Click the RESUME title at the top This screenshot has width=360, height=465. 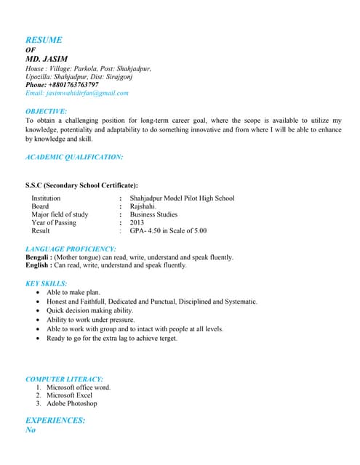point(44,40)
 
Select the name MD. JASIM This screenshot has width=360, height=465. point(47,59)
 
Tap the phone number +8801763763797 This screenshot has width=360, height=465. point(62,84)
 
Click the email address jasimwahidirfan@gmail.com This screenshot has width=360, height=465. point(76,93)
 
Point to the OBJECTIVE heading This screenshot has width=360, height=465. point(46,111)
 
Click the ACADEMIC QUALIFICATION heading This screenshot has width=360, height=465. point(74,156)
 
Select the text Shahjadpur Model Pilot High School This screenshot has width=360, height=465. point(182,198)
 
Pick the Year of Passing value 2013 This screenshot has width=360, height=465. point(137,222)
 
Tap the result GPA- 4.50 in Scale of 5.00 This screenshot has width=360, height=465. point(168,231)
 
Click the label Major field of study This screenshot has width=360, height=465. point(60,214)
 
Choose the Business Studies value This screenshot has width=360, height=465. point(153,214)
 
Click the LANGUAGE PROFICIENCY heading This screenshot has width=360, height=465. point(71,249)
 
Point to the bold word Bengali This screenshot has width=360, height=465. point(36,257)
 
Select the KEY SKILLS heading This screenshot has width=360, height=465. point(47,283)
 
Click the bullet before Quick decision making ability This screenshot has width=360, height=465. point(38,310)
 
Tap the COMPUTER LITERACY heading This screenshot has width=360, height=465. point(64,379)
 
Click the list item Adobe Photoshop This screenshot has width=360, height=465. point(71,403)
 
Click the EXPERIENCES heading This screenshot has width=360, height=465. point(55,420)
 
